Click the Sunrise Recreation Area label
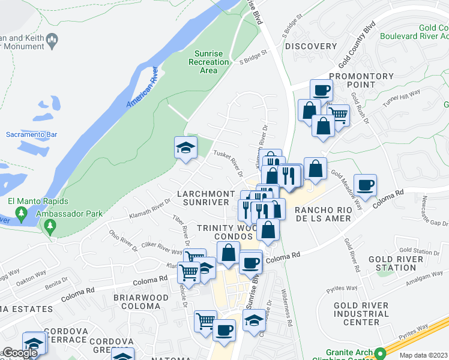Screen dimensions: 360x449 point(208,62)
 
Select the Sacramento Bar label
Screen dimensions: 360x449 point(27,134)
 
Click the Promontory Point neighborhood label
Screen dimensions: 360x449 point(361,80)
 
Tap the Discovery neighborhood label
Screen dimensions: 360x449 point(311,46)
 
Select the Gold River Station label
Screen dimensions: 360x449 point(396,263)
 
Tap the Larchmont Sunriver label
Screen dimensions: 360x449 point(205,198)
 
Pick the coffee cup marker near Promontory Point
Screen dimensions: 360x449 point(321,91)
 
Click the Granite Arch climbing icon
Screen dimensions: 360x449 point(379,353)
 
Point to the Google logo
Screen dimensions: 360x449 point(19,352)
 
